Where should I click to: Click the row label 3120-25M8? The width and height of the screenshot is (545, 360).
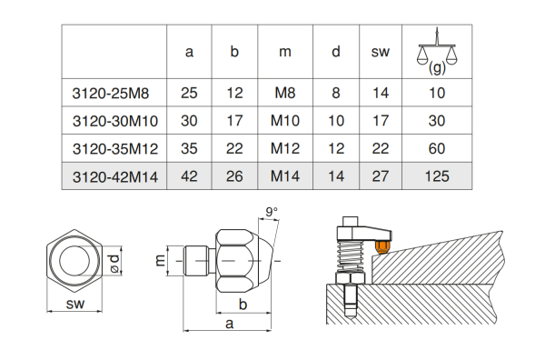[111, 94]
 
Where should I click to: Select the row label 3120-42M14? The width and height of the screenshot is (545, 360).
[115, 176]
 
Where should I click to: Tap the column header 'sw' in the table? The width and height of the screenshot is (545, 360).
[381, 52]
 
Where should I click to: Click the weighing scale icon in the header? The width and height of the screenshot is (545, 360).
[437, 51]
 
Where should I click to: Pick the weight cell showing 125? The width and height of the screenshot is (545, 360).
[437, 176]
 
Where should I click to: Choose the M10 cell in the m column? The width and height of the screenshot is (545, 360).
[285, 121]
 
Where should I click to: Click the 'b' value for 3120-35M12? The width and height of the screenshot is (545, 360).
[234, 148]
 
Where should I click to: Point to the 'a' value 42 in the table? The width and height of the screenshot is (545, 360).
[189, 176]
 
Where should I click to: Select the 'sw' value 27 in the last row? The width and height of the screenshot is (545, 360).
[381, 176]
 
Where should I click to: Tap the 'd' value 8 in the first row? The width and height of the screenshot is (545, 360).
[336, 93]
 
